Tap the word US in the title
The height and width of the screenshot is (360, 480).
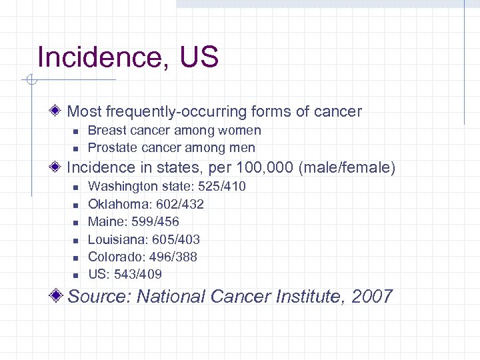(199, 57)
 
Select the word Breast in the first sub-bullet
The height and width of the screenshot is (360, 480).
(106, 131)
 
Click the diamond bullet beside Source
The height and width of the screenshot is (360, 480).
(59, 296)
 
